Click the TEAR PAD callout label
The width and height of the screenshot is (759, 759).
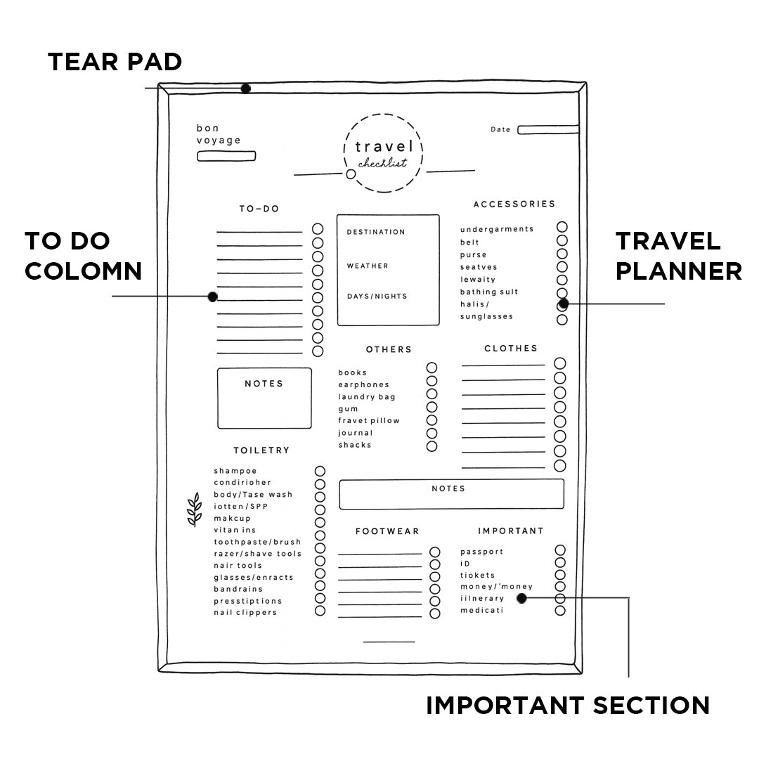(x=115, y=62)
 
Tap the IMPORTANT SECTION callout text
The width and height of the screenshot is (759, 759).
(x=568, y=705)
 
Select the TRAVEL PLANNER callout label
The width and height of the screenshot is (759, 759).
(x=678, y=256)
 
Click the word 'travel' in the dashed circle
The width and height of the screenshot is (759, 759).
(x=383, y=147)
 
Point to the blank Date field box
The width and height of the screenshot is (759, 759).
(x=547, y=129)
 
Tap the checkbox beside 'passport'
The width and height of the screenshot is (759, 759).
(x=560, y=550)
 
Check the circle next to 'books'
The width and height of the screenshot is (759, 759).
(x=432, y=368)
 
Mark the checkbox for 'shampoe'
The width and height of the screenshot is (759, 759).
(x=320, y=471)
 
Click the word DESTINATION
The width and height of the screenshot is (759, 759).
(x=375, y=232)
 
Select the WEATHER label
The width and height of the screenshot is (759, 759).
(x=367, y=266)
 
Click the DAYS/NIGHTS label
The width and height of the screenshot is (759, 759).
(x=377, y=297)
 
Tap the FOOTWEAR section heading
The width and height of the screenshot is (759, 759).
(x=387, y=531)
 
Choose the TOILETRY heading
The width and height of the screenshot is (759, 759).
(x=261, y=450)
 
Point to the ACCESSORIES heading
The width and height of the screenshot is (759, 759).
(x=514, y=204)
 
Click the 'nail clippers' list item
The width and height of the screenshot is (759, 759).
(x=245, y=612)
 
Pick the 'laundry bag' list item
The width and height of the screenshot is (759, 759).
(x=366, y=397)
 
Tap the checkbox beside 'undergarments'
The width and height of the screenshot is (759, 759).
(x=562, y=227)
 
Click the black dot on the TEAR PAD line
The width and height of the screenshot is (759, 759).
(x=245, y=89)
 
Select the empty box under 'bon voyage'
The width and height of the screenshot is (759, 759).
(x=226, y=156)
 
